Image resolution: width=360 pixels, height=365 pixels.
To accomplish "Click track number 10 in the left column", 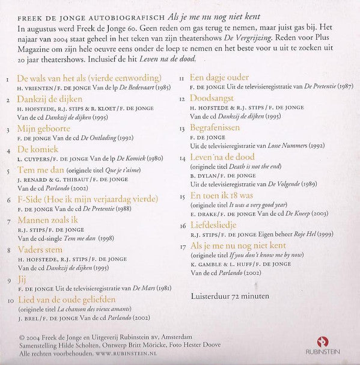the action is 10,298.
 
